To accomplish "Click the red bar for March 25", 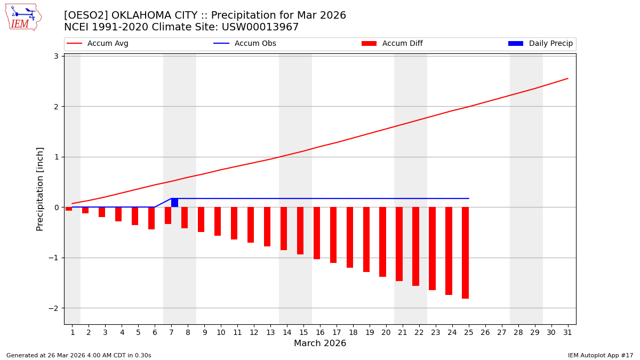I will click(x=465, y=253).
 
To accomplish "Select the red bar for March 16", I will click(x=317, y=233).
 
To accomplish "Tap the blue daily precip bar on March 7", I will click(x=174, y=203).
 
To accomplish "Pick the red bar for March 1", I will click(x=69, y=209).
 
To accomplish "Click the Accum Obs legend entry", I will click(x=245, y=44).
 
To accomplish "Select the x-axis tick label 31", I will click(x=567, y=332).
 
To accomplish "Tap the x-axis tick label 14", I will click(x=287, y=332).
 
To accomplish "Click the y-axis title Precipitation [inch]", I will click(x=40, y=189).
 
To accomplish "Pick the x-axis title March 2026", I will click(x=320, y=343).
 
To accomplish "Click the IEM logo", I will click(x=23, y=17).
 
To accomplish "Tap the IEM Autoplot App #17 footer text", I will click(x=600, y=355).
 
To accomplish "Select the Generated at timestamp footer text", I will click(x=78, y=355).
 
